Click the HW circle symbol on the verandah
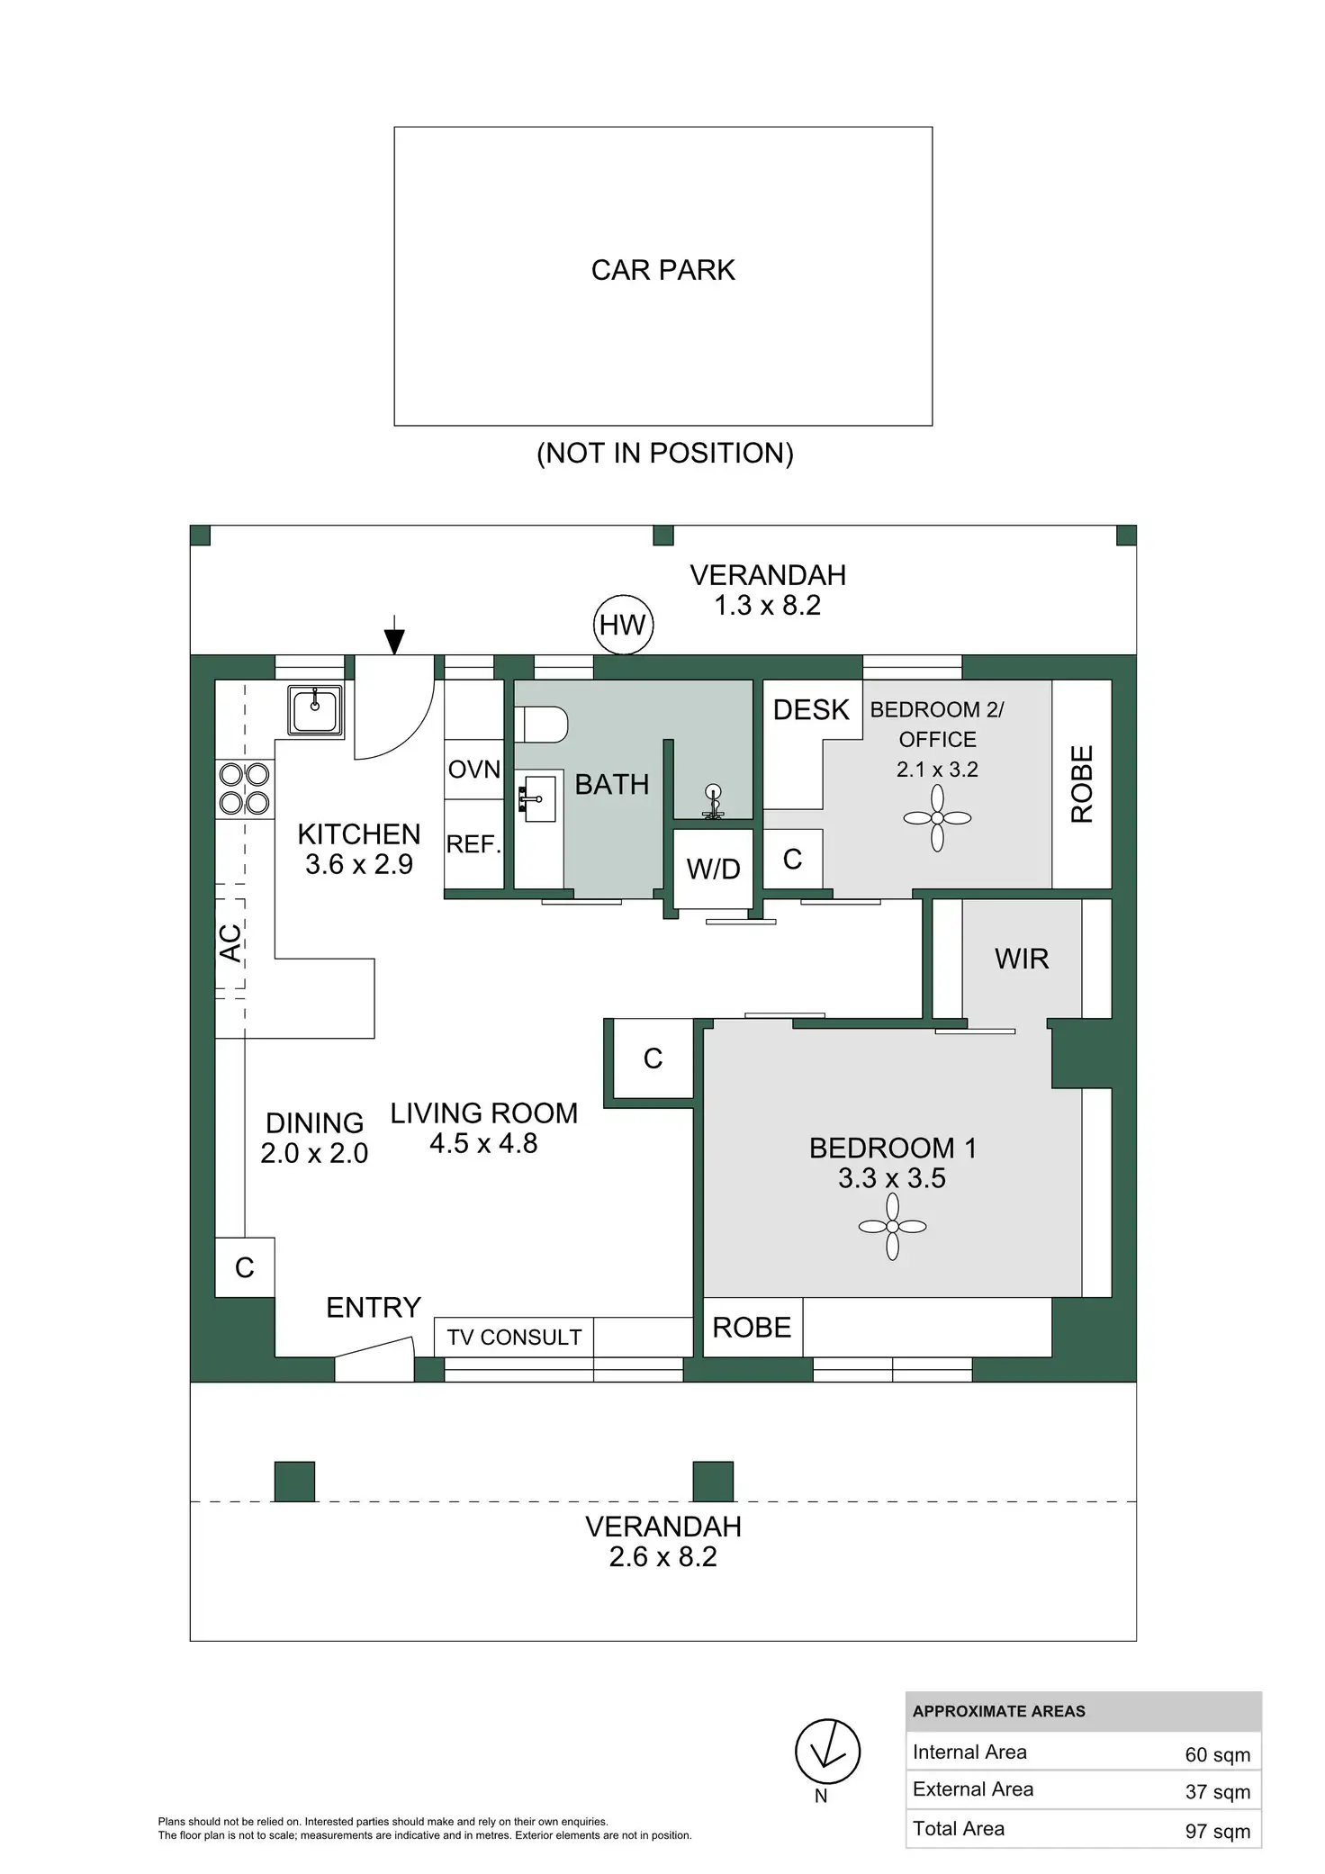pos(623,625)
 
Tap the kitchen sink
pos(315,710)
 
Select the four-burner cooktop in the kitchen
pos(245,788)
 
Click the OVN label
pos(474,770)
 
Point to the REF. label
pos(473,844)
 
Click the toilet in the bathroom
pos(542,725)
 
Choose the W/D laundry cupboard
pos(713,869)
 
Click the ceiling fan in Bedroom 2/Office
pos(937,818)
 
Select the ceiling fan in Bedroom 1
pos(892,1226)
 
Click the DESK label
pos(811,710)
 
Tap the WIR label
pos(1022,959)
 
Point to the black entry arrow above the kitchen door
pos(394,640)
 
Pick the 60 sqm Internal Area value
pos(1217,1754)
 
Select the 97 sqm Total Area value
pos(1217,1831)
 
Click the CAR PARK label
pos(662,270)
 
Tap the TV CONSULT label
pos(514,1338)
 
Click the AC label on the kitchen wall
pos(231,942)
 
